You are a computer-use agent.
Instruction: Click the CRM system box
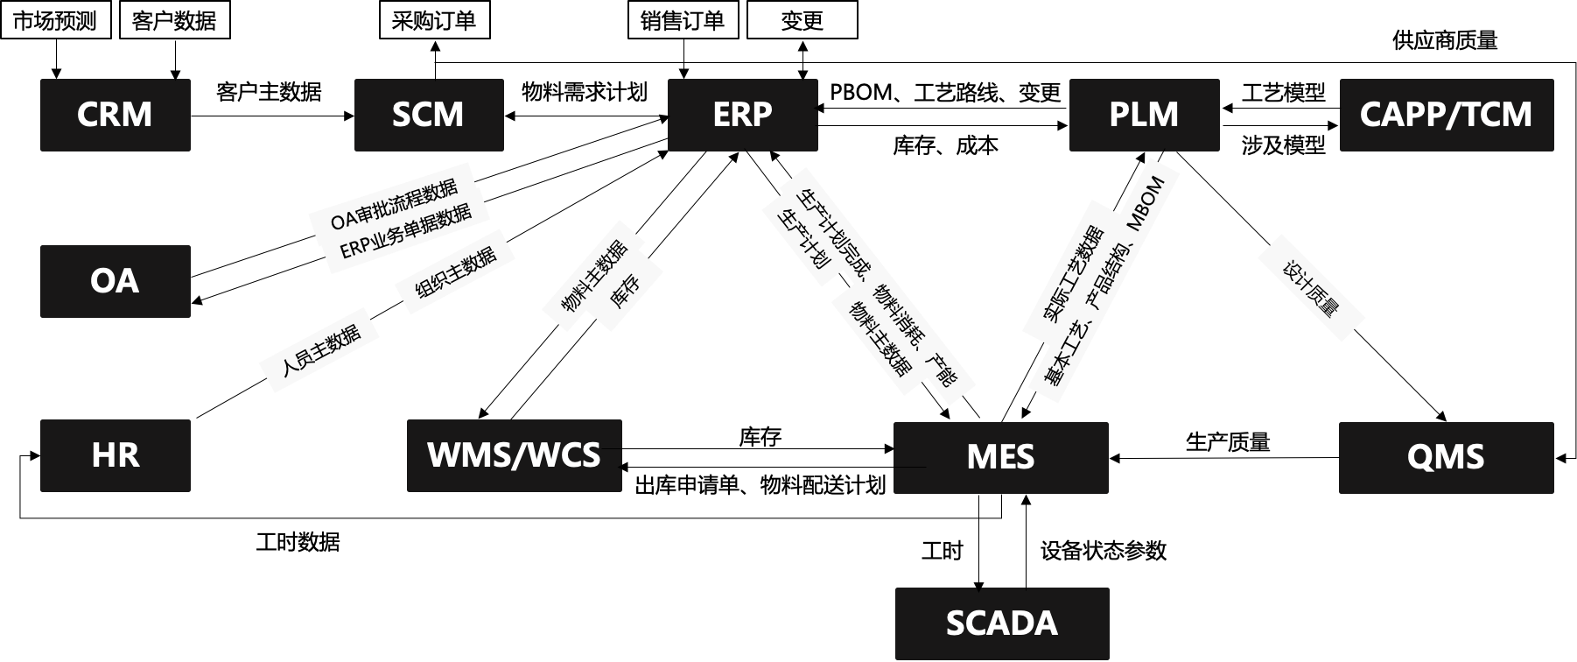pos(115,115)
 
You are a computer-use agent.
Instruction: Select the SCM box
pos(429,115)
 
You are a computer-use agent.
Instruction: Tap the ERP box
pos(742,115)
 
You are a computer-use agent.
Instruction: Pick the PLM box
pos(1144,115)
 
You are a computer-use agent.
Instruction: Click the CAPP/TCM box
pos(1446,115)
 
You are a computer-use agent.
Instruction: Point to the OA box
pos(115,281)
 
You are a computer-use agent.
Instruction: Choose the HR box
pos(115,455)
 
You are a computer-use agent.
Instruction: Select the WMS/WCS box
pos(514,455)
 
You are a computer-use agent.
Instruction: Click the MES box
pos(1000,457)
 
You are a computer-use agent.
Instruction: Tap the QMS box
pos(1446,457)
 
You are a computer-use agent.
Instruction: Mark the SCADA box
pos(1001,623)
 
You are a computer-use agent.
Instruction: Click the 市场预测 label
pos(55,20)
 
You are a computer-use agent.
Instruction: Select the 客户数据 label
pos(174,20)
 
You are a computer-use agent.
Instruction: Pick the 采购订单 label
pos(434,20)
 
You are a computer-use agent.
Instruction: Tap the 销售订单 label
pos(683,20)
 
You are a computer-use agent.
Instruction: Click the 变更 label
pos(802,20)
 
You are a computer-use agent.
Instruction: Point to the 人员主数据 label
pos(319,349)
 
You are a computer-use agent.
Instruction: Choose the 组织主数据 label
pos(454,271)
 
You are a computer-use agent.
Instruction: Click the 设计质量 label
pos(1310,287)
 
